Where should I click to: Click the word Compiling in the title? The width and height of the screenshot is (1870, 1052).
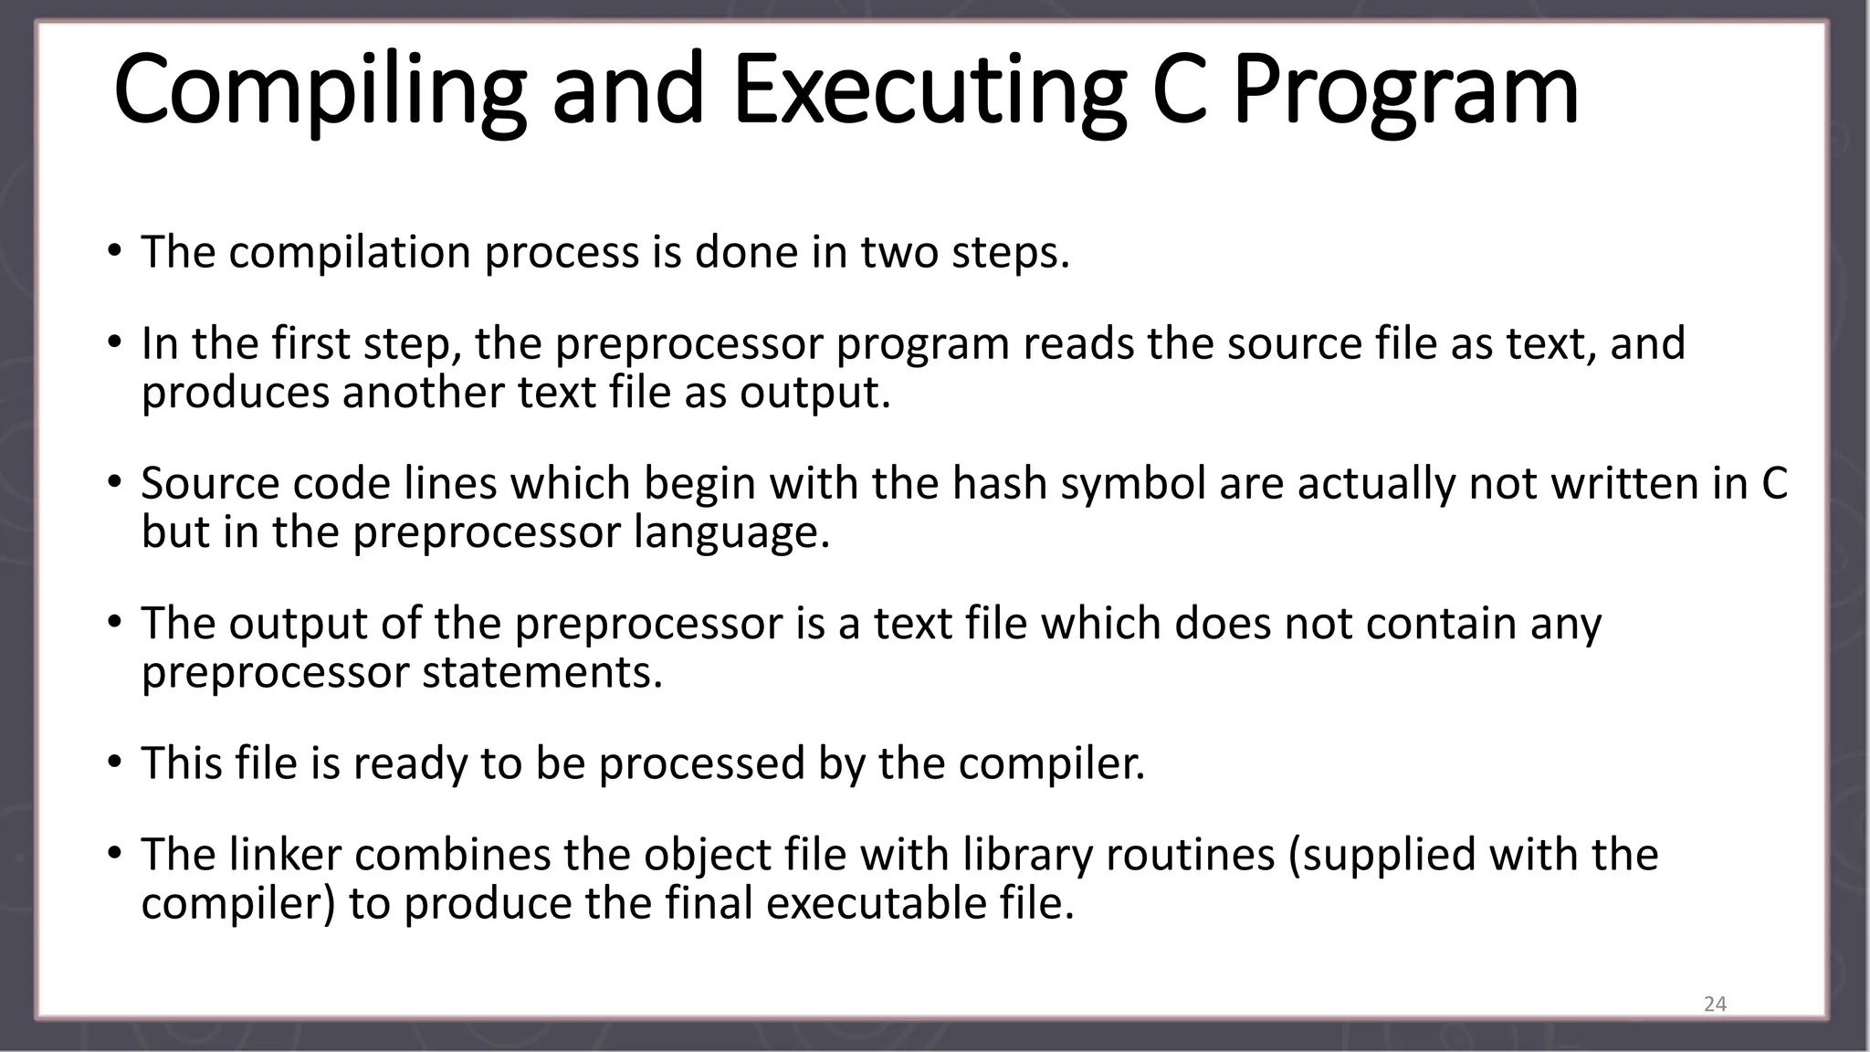tap(320, 91)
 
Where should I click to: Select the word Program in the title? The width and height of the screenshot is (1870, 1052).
tap(1405, 91)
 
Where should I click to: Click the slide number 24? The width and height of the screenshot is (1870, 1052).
tap(1715, 1005)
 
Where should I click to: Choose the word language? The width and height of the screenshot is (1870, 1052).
tap(732, 531)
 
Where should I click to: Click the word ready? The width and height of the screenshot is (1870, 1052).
tap(410, 763)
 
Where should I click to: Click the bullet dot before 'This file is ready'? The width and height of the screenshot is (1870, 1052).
tap(113, 762)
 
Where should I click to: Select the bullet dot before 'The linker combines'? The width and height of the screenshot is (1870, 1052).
tap(113, 853)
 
